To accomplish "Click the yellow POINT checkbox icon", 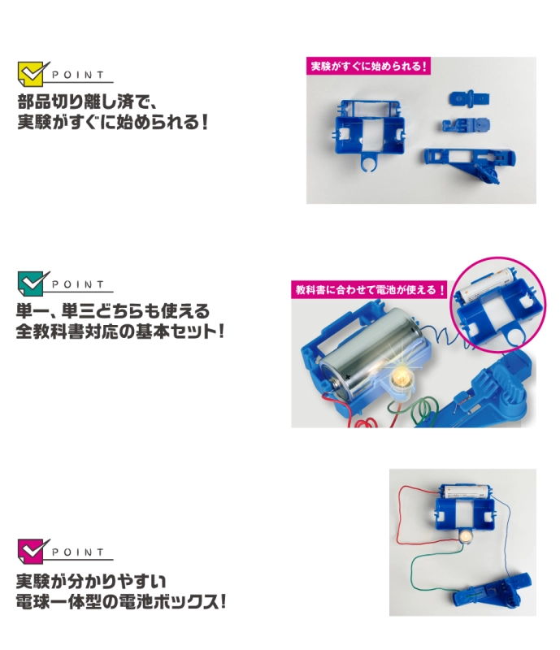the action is pyautogui.click(x=32, y=74).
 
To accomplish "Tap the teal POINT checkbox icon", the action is pyautogui.click(x=32, y=283).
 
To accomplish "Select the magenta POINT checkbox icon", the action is pyautogui.click(x=32, y=551).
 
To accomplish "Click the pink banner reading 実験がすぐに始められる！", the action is pyautogui.click(x=368, y=66).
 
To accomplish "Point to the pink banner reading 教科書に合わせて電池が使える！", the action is pyautogui.click(x=370, y=289).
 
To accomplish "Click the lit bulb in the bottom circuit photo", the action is pyautogui.click(x=466, y=536).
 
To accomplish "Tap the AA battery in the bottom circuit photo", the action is pyautogui.click(x=466, y=492).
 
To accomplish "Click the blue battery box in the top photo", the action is pyautogui.click(x=368, y=132).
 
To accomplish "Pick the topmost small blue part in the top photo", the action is pyautogui.click(x=469, y=98).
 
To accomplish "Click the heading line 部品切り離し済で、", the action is pyautogui.click(x=87, y=102).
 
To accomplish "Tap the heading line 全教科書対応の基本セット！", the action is pyautogui.click(x=120, y=331).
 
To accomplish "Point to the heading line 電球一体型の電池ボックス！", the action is pyautogui.click(x=121, y=602).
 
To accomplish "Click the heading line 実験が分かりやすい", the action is pyautogui.click(x=91, y=581).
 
